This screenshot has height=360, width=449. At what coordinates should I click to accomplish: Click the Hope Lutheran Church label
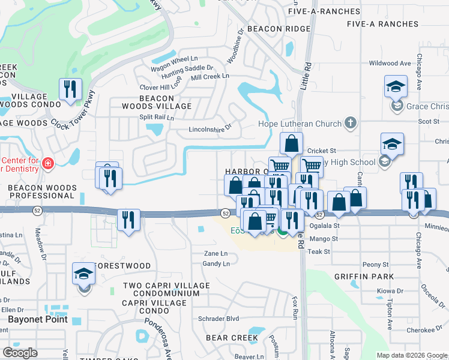299,124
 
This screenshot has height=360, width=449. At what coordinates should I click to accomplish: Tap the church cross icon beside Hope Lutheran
351,124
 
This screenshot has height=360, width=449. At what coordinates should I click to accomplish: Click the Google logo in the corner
20,353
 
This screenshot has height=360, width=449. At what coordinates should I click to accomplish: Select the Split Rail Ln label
156,118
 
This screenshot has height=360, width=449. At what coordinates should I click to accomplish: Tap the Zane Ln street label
216,254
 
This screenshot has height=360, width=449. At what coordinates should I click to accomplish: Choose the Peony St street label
376,264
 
